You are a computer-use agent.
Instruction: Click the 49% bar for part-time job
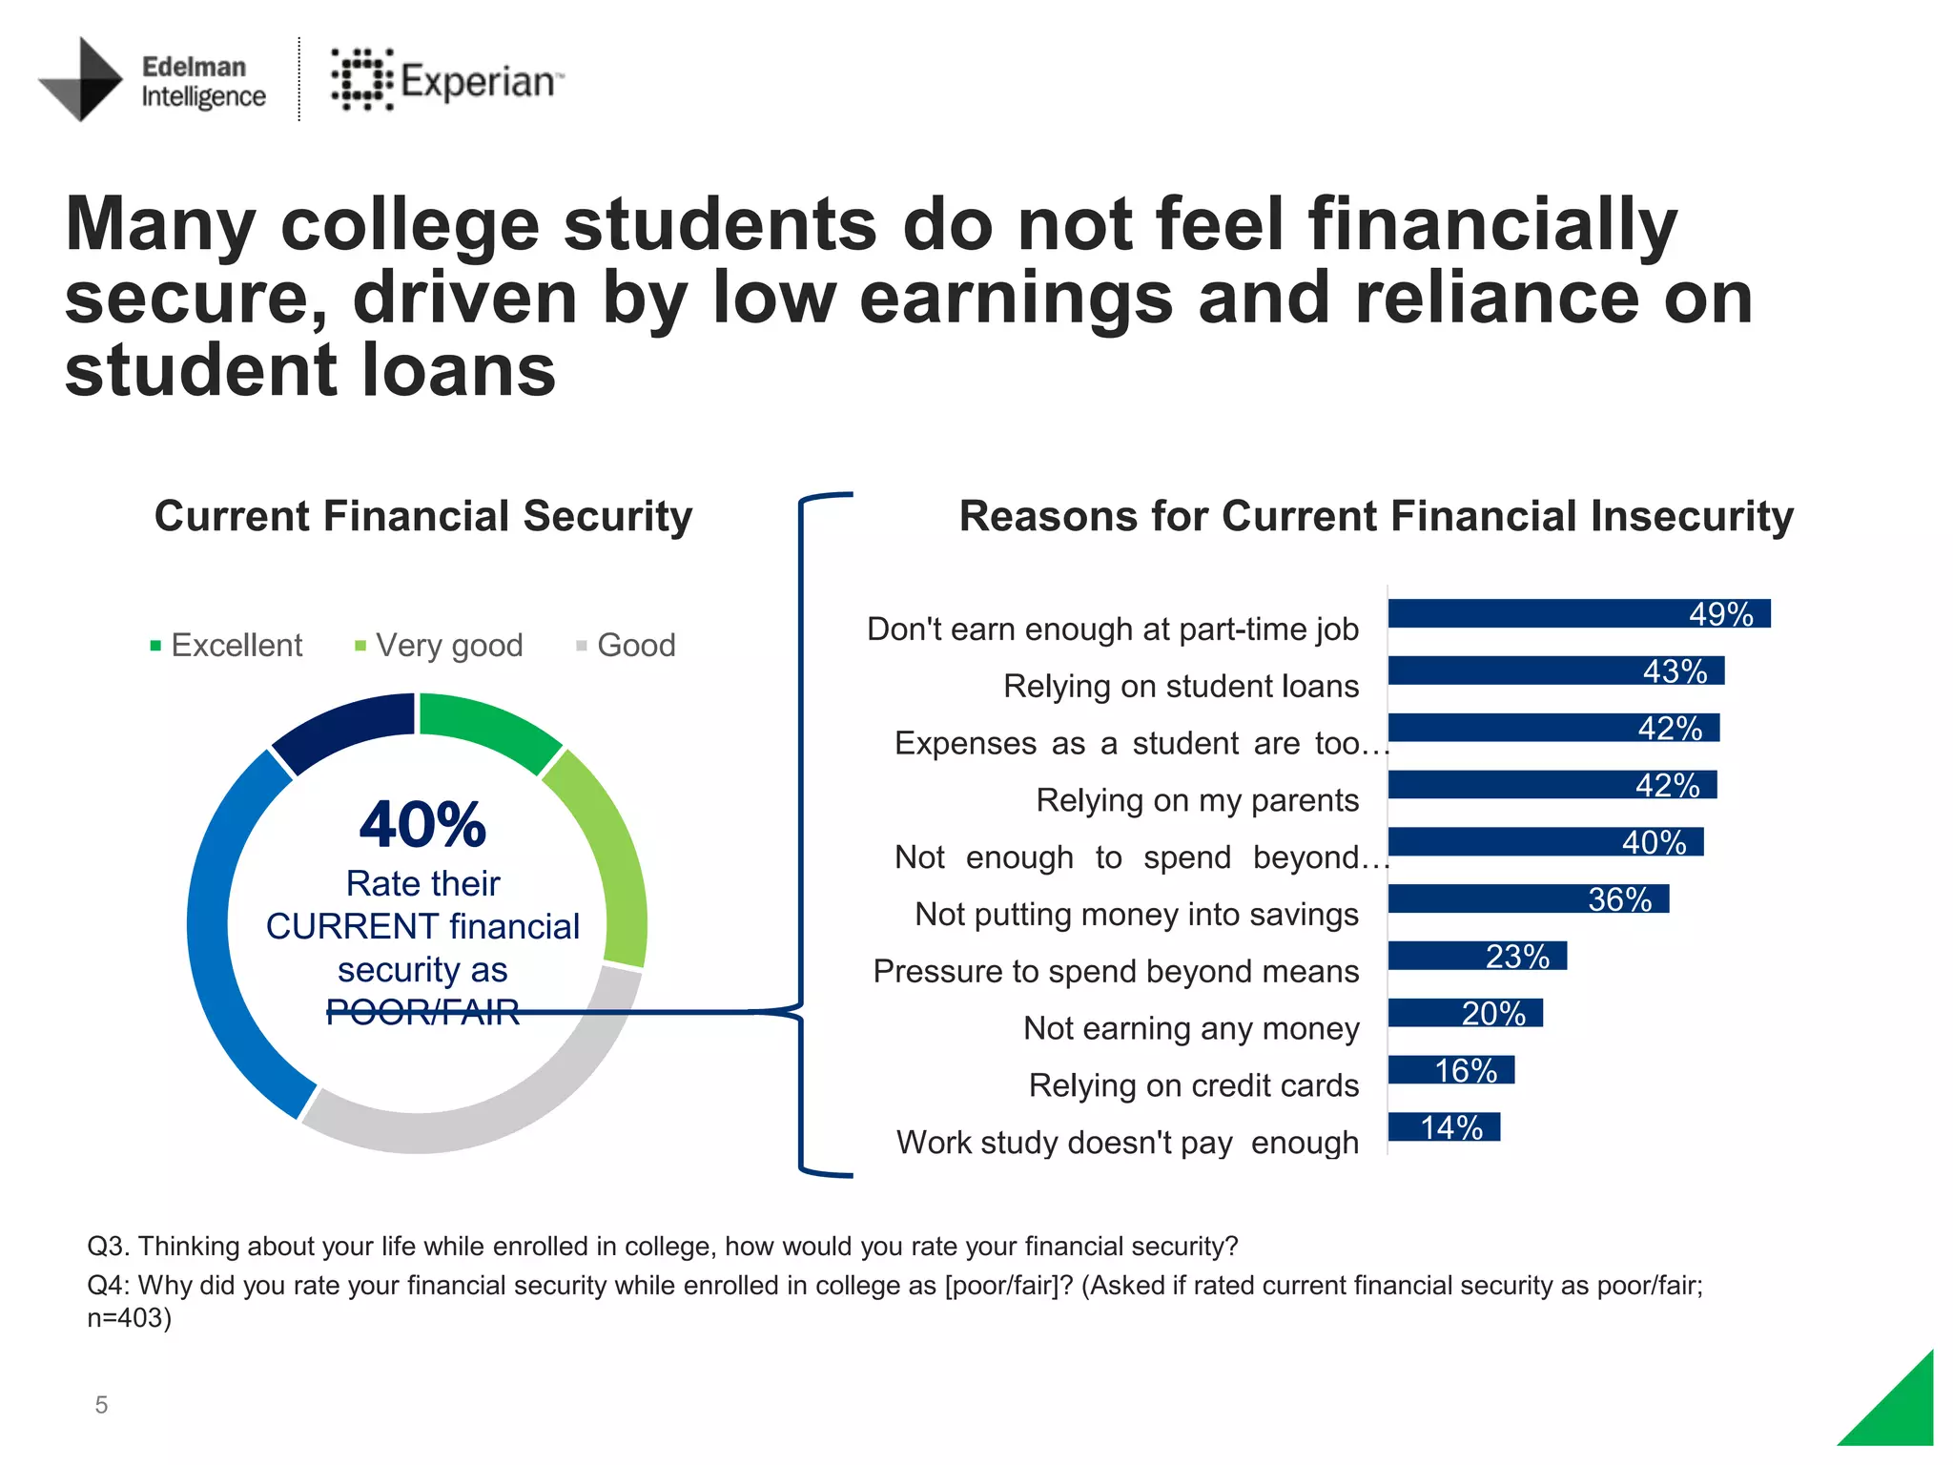(1578, 613)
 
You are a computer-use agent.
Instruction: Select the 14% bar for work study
(1444, 1126)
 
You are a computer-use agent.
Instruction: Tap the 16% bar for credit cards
(1450, 1069)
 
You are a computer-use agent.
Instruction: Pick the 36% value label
(1619, 899)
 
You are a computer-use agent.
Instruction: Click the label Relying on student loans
(1181, 686)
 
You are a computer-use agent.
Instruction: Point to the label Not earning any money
(1191, 1028)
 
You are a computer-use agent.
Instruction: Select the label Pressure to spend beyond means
(1116, 971)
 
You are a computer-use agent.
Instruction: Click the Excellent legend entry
(227, 646)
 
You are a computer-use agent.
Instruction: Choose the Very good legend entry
(439, 646)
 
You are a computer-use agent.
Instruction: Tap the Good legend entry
(627, 646)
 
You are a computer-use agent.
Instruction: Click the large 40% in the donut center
(422, 824)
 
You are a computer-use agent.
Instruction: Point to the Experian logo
(446, 80)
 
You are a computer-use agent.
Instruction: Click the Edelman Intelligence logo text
(202, 81)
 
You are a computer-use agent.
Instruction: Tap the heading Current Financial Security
(422, 516)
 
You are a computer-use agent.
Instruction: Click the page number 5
(101, 1404)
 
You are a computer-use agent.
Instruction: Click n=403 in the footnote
(129, 1318)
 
